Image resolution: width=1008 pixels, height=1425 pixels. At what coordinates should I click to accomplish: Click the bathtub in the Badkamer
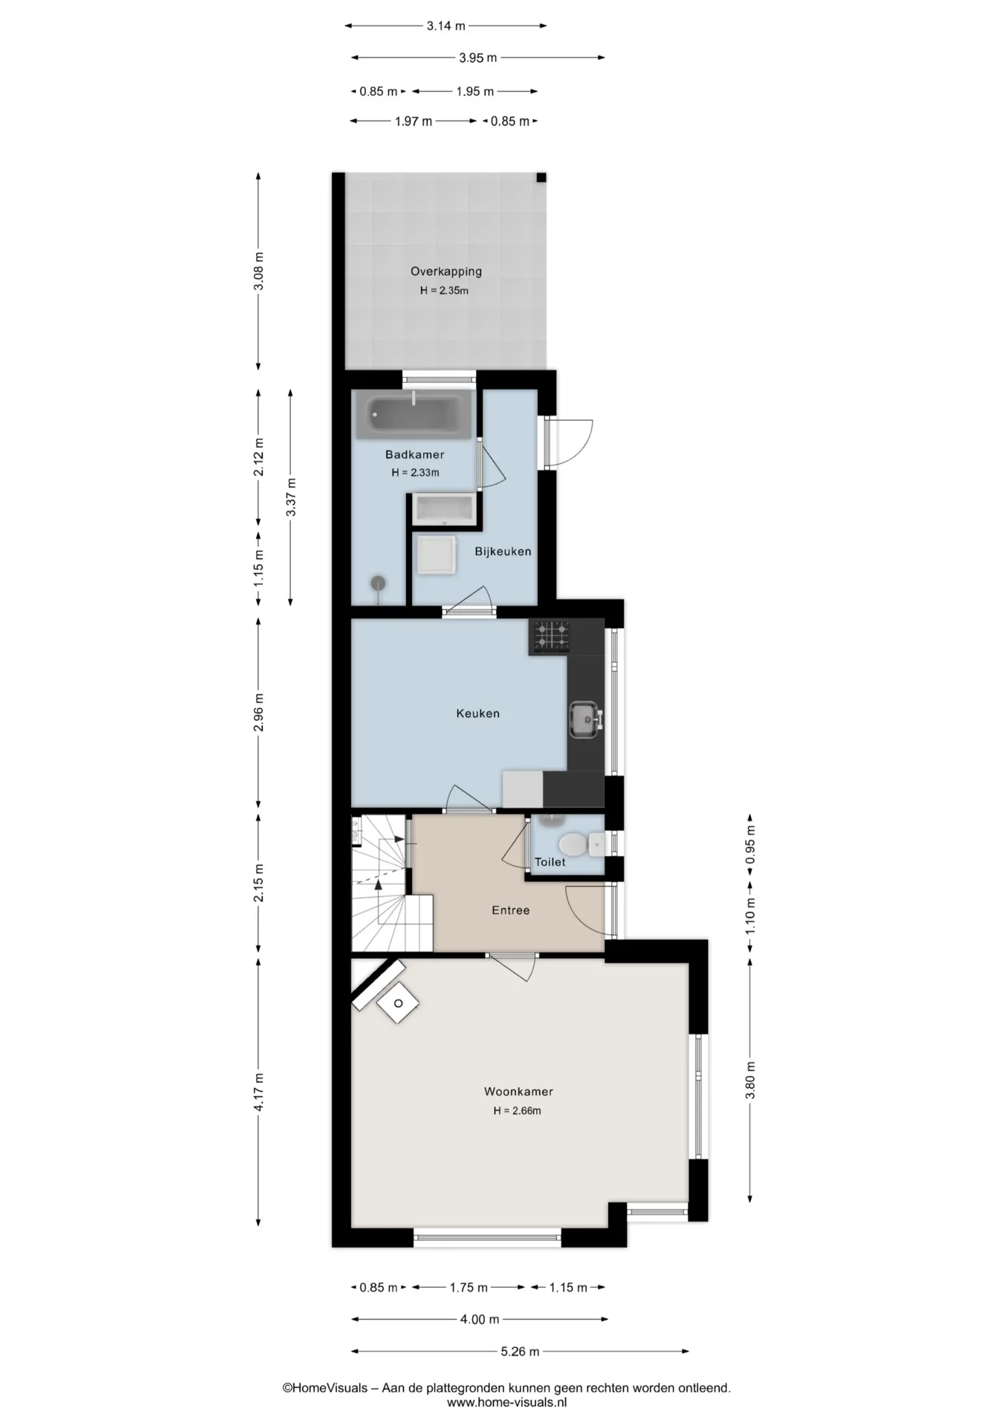click(413, 413)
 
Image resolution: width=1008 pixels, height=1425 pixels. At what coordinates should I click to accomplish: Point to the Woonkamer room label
click(518, 1092)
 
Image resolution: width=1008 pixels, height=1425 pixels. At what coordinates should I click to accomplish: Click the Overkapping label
click(446, 272)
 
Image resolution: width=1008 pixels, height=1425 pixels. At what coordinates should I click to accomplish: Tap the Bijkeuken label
click(503, 551)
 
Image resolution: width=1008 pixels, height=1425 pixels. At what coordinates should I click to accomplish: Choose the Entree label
click(511, 910)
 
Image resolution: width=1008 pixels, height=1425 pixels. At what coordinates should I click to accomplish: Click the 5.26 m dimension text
click(520, 1352)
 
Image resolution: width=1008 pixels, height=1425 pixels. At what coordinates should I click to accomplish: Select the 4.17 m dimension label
click(259, 1092)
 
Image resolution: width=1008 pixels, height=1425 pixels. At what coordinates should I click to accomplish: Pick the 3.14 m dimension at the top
click(445, 26)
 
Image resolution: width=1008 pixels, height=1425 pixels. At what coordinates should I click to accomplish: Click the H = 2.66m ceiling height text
click(517, 1111)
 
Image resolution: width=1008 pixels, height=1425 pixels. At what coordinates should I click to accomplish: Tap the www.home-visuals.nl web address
click(507, 1403)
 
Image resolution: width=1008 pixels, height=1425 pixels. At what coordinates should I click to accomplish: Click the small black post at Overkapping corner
click(542, 177)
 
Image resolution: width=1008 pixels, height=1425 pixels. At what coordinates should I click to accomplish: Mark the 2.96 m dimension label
click(259, 712)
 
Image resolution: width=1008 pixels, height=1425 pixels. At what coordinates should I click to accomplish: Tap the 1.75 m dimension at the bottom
click(468, 1288)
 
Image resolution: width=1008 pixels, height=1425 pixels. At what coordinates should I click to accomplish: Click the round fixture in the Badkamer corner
click(379, 583)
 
